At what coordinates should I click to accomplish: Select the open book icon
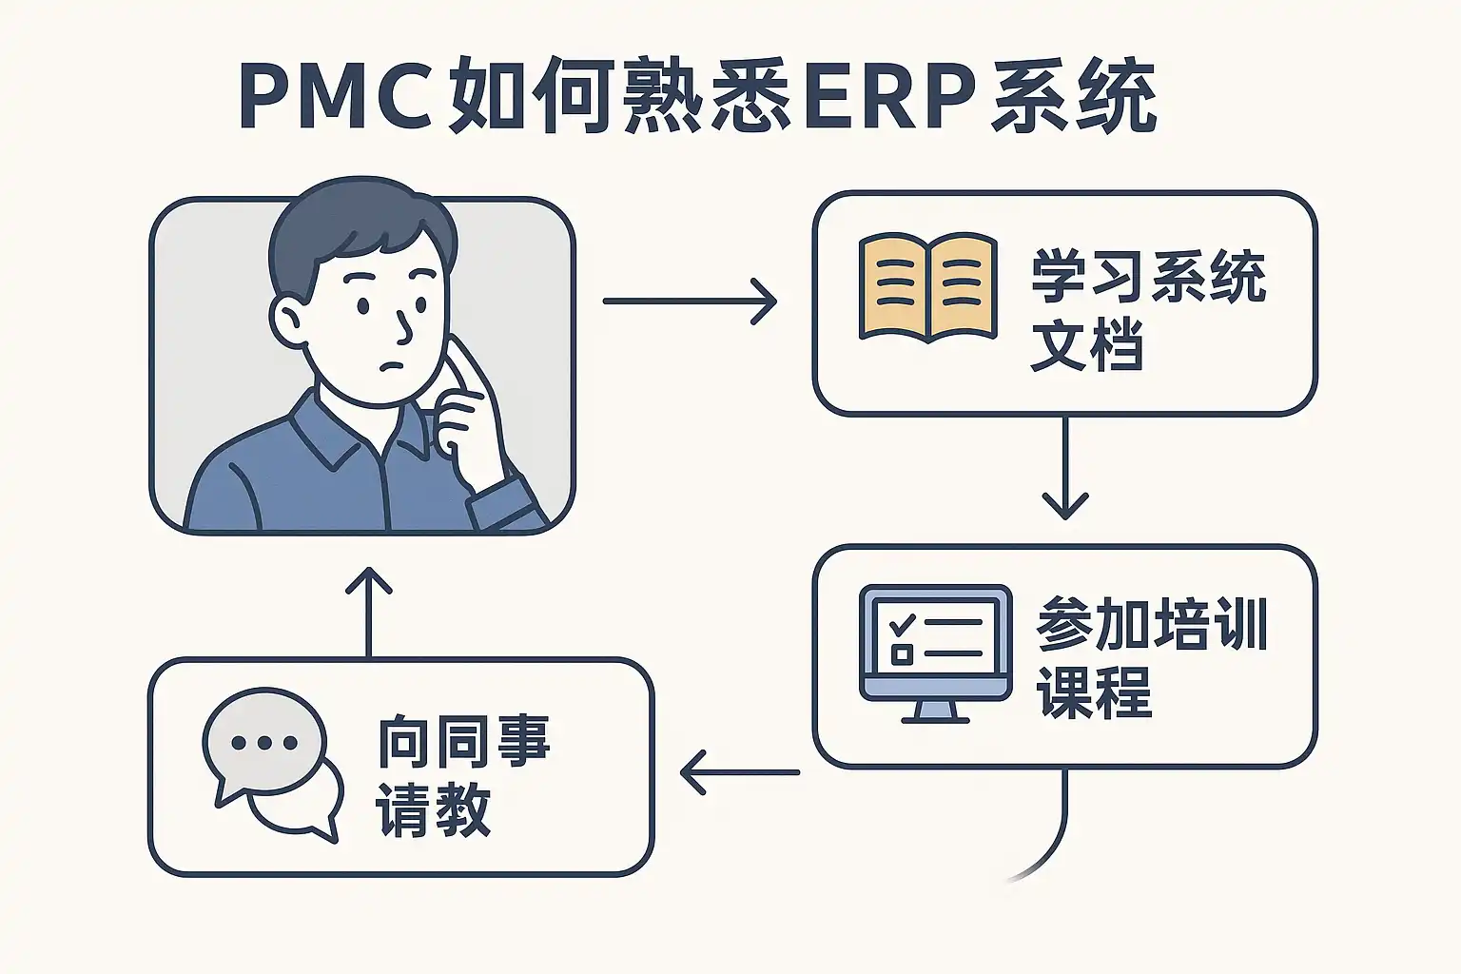tap(927, 286)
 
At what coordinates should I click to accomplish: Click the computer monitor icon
tap(935, 643)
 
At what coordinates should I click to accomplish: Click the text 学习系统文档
tap(1147, 310)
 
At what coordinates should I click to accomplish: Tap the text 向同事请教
tap(463, 776)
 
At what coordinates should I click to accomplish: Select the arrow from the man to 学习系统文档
tap(691, 302)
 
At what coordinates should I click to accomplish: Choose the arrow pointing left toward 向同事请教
tap(740, 771)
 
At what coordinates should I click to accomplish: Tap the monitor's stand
tap(935, 711)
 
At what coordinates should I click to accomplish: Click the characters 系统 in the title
tap(1073, 98)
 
